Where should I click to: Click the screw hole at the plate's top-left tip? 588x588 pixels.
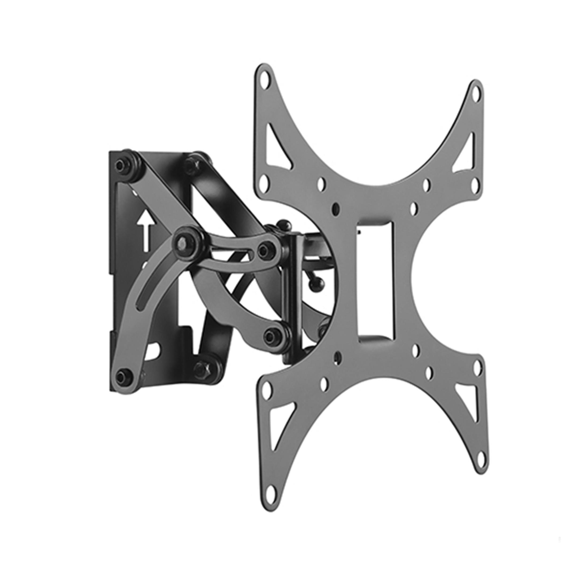tap(264, 78)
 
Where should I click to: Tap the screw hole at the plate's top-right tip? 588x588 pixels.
tap(476, 93)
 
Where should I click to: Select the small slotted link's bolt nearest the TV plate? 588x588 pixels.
tap(264, 250)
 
